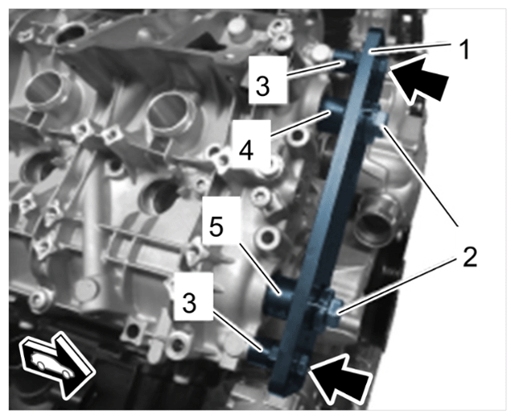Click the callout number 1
[x=464, y=50]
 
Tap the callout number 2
[x=469, y=257]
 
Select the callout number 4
[x=245, y=151]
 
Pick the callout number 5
[x=216, y=226]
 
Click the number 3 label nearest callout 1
[x=263, y=85]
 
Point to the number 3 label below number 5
[x=189, y=303]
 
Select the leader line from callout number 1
[x=410, y=47]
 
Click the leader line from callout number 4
[x=300, y=123]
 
